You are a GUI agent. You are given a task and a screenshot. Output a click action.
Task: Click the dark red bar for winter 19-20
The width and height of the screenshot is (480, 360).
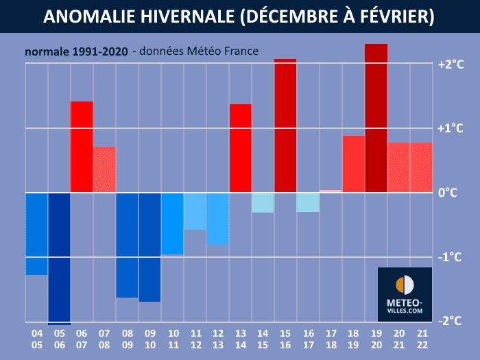click(x=376, y=118)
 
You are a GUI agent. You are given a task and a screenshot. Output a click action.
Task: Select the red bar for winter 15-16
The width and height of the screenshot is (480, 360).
click(x=285, y=125)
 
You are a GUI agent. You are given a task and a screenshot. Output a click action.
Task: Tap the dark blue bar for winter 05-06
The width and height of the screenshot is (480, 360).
click(x=59, y=258)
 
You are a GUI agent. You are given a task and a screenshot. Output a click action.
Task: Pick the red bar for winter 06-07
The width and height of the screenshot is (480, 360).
click(x=82, y=147)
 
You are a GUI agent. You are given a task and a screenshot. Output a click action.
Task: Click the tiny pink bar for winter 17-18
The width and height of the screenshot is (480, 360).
click(x=331, y=191)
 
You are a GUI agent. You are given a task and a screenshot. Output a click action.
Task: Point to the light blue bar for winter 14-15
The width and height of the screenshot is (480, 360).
click(x=263, y=202)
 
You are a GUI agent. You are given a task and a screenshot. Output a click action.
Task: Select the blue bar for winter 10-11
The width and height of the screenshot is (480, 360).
click(x=172, y=224)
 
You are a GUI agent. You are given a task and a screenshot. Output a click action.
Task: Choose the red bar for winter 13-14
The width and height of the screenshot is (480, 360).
click(x=240, y=148)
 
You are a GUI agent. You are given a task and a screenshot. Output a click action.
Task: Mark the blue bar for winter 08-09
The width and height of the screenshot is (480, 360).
click(x=127, y=245)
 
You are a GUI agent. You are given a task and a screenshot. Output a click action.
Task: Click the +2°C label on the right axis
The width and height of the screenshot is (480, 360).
click(x=451, y=64)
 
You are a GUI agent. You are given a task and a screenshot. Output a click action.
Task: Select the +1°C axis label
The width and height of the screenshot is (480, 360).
click(x=451, y=128)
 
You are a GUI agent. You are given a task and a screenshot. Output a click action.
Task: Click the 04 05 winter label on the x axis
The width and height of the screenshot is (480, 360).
click(x=36, y=338)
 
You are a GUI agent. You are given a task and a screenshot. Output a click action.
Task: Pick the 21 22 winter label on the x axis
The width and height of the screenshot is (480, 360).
click(x=421, y=338)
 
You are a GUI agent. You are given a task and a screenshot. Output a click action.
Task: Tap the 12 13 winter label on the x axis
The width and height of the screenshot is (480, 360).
click(x=217, y=338)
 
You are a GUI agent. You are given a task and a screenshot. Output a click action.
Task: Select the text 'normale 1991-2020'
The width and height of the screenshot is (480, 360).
click(x=75, y=52)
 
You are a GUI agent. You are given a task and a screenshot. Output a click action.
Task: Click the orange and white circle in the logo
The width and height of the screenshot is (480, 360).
click(x=405, y=285)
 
